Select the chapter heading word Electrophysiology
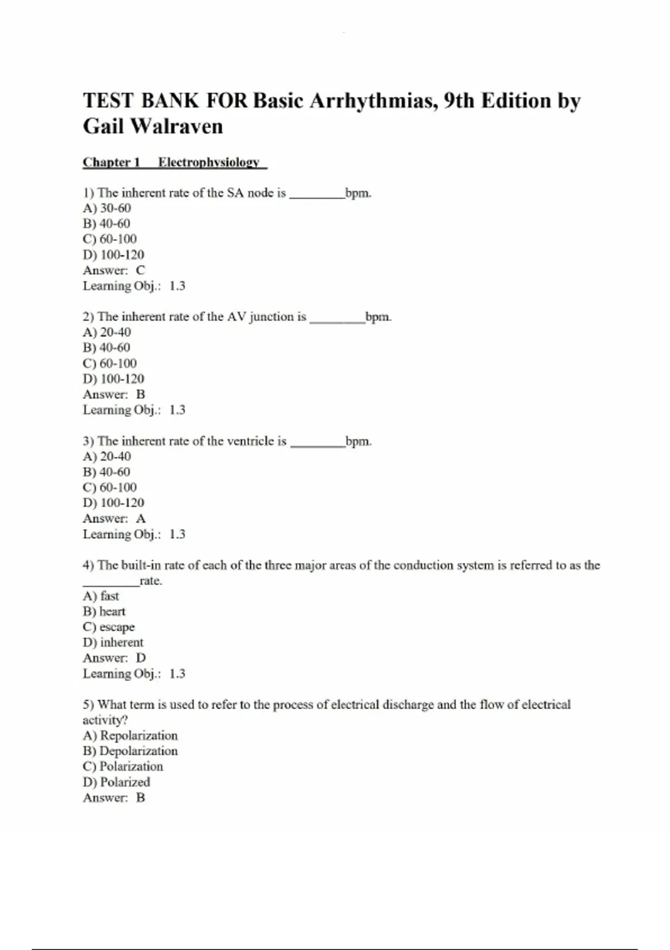209,162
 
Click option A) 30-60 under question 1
107,208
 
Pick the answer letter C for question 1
141,270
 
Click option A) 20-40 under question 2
107,332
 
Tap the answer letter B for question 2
141,394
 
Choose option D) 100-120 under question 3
113,502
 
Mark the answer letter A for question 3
141,518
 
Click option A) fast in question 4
101,596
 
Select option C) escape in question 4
109,627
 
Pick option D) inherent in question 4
113,642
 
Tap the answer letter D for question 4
141,658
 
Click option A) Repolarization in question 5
130,735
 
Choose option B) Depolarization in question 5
130,750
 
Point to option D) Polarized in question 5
116,782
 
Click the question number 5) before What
89,705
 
